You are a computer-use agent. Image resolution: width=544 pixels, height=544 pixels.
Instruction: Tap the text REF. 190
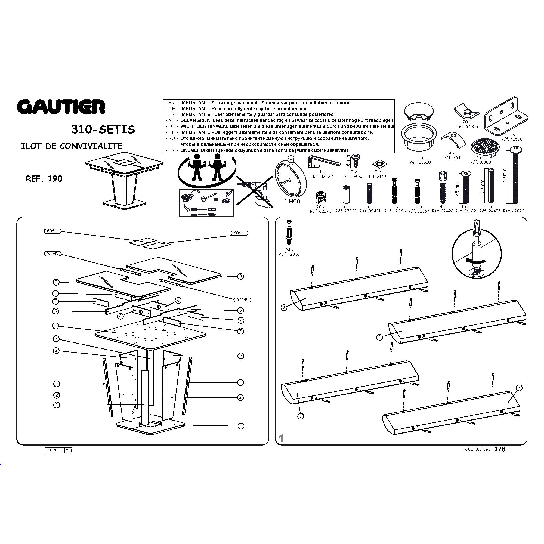[x=44, y=179]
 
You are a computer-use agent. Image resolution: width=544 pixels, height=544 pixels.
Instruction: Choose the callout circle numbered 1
[x=241, y=426]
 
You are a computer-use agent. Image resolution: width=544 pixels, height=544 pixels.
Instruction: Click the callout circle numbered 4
[x=56, y=326]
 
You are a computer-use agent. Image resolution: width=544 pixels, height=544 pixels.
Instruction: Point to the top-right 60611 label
[x=239, y=233]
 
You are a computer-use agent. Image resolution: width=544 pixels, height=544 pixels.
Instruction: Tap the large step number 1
[x=281, y=438]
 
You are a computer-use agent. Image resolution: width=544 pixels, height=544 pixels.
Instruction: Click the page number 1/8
[x=500, y=449]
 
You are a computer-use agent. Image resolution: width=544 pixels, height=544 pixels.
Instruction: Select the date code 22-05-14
[x=55, y=450]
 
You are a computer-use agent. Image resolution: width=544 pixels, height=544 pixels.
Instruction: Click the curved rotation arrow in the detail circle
[x=475, y=261]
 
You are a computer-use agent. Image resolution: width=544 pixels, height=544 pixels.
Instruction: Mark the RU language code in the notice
[x=172, y=138]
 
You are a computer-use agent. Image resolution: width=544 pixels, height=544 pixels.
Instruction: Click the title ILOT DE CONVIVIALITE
[x=72, y=146]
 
